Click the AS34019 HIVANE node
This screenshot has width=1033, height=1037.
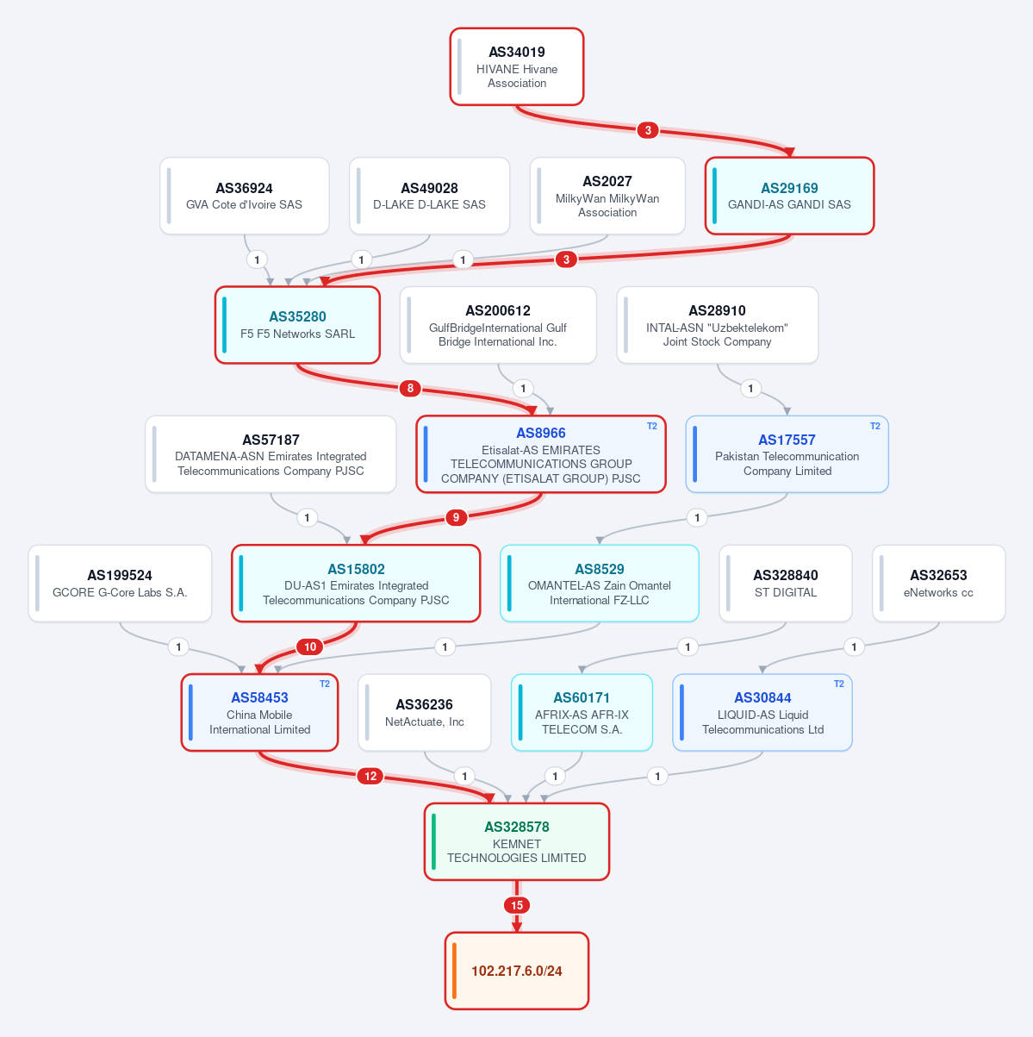517,66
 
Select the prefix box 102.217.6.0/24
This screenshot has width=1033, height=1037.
517,971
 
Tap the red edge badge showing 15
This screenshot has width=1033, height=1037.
517,905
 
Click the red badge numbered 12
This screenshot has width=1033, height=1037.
370,776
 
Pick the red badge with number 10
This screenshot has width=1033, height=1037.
310,647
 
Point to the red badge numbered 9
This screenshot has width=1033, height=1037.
456,518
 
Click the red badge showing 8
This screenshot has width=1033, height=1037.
410,388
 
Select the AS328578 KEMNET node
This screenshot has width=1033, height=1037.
517,841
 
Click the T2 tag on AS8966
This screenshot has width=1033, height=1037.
651,426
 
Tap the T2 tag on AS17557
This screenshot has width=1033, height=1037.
874,426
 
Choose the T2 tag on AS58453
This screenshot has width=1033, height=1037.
325,684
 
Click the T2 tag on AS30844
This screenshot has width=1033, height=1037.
839,684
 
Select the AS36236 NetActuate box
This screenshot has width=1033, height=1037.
425,713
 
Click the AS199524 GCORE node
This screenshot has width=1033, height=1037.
120,584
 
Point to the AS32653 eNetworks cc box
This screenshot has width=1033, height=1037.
938,584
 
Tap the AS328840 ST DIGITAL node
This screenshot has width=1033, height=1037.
786,584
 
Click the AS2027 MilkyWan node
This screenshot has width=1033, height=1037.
607,196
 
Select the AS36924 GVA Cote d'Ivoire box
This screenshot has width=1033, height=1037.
245,196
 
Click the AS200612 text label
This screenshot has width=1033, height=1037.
498,310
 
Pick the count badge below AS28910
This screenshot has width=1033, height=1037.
750,388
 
